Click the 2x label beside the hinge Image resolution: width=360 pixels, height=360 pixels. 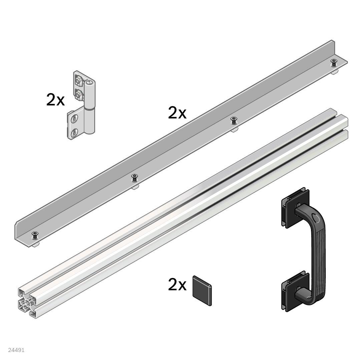55,100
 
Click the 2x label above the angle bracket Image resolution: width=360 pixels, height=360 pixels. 177,113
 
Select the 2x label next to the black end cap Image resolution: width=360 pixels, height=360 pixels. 177,285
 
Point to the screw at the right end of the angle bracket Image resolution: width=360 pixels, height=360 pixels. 334,62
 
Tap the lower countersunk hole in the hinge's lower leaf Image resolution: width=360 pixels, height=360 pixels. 74,132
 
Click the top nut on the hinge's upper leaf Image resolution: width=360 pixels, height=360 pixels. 79,80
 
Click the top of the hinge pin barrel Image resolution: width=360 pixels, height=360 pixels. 89,82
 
